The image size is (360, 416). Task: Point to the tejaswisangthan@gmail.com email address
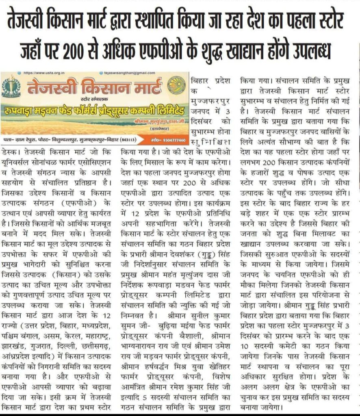pos(129,72)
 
